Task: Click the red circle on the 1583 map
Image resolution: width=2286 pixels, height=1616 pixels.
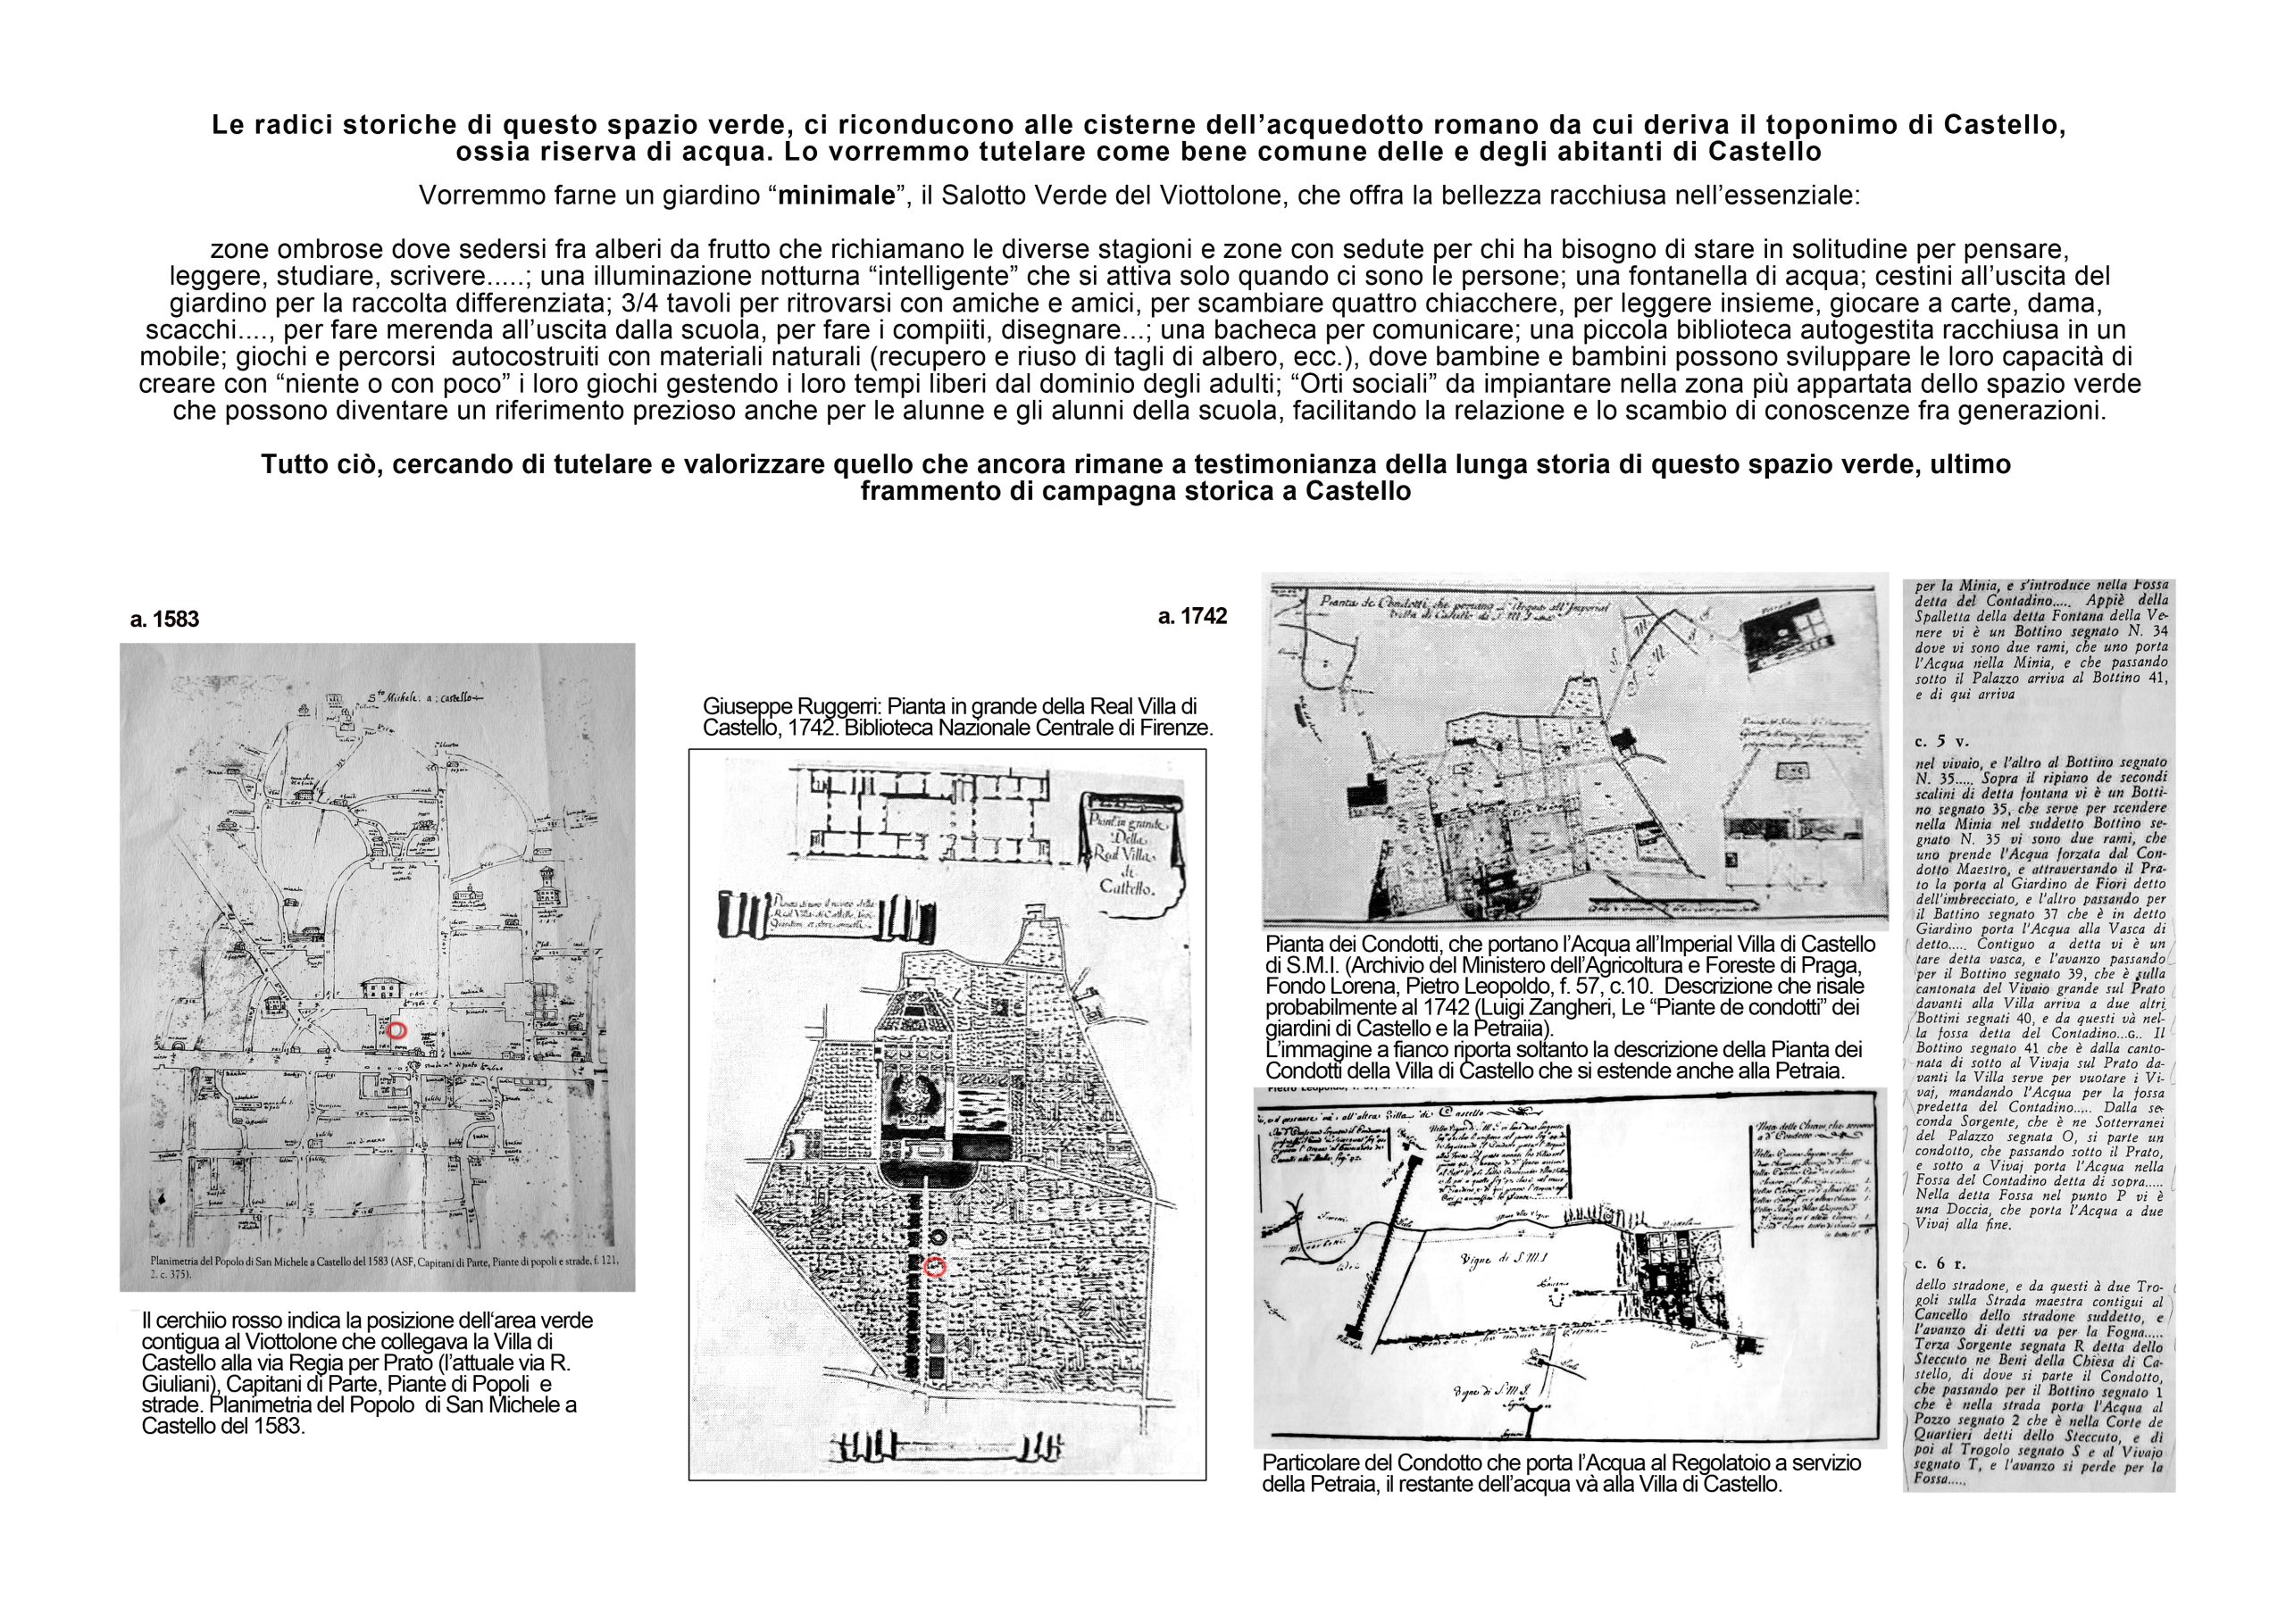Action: point(396,1030)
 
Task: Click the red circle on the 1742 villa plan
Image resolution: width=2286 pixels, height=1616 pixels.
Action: point(934,1267)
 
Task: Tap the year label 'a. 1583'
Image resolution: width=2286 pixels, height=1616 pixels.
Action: point(164,620)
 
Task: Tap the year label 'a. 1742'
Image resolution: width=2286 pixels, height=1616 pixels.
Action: point(1192,616)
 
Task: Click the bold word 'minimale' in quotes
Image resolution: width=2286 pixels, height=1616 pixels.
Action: point(837,196)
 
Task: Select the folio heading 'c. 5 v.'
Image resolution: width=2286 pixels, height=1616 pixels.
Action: point(1940,741)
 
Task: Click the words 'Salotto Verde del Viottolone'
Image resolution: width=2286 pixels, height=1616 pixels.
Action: point(1108,196)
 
